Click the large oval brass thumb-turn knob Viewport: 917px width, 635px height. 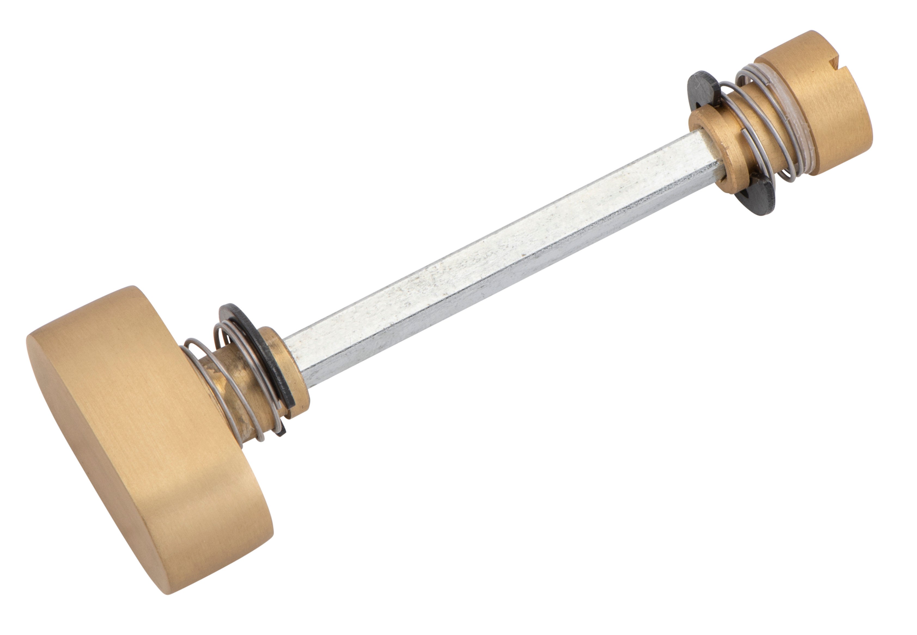[x=131, y=430]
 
